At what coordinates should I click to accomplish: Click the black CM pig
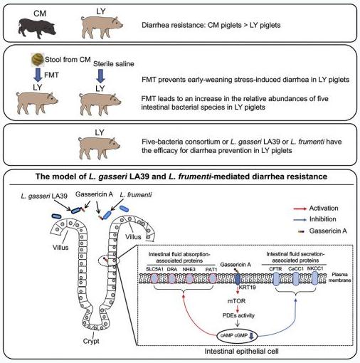coord(37,28)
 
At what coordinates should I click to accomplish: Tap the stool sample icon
coord(38,59)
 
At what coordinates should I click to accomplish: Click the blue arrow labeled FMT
coord(38,75)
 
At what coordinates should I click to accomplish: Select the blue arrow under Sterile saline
coord(100,76)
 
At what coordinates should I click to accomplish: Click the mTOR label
coord(236,301)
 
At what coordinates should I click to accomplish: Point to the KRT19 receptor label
coord(247,288)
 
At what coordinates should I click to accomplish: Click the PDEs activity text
coord(238,315)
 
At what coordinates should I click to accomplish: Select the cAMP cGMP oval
coord(237,336)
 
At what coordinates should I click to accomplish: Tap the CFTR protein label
coord(275,269)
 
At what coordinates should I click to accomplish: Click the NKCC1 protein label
coord(315,268)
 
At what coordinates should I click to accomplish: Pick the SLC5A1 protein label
coord(154,269)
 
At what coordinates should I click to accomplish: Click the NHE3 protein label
coord(189,269)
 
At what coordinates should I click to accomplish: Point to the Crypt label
coord(91,341)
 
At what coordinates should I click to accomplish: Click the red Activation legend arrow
coord(300,209)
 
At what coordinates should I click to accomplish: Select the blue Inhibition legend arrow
coord(300,220)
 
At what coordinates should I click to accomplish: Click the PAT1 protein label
coord(211,270)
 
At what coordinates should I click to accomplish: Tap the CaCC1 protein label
coord(296,269)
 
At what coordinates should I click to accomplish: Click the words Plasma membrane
coord(339,278)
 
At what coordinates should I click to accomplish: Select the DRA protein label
coord(172,269)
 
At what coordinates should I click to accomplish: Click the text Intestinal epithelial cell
coord(241,351)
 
